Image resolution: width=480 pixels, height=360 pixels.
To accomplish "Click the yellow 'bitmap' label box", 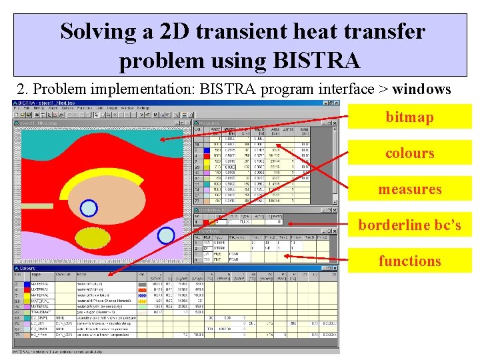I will (409, 117).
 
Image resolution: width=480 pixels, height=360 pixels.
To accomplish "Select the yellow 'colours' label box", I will (409, 153).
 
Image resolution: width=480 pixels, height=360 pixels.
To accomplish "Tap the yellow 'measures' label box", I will (409, 189).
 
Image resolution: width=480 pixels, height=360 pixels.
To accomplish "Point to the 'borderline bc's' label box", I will (409, 225).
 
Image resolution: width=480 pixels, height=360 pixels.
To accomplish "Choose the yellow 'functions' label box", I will (409, 261).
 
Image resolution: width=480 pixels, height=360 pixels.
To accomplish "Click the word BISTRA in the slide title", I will (316, 61).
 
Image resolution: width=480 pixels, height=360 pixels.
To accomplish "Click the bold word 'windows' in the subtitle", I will (421, 89).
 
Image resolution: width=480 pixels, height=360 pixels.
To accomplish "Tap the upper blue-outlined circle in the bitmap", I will (89, 209).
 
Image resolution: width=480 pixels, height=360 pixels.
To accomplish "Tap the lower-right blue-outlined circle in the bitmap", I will (166, 235).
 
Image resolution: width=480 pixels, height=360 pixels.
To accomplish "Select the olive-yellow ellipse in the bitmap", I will (92, 237).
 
